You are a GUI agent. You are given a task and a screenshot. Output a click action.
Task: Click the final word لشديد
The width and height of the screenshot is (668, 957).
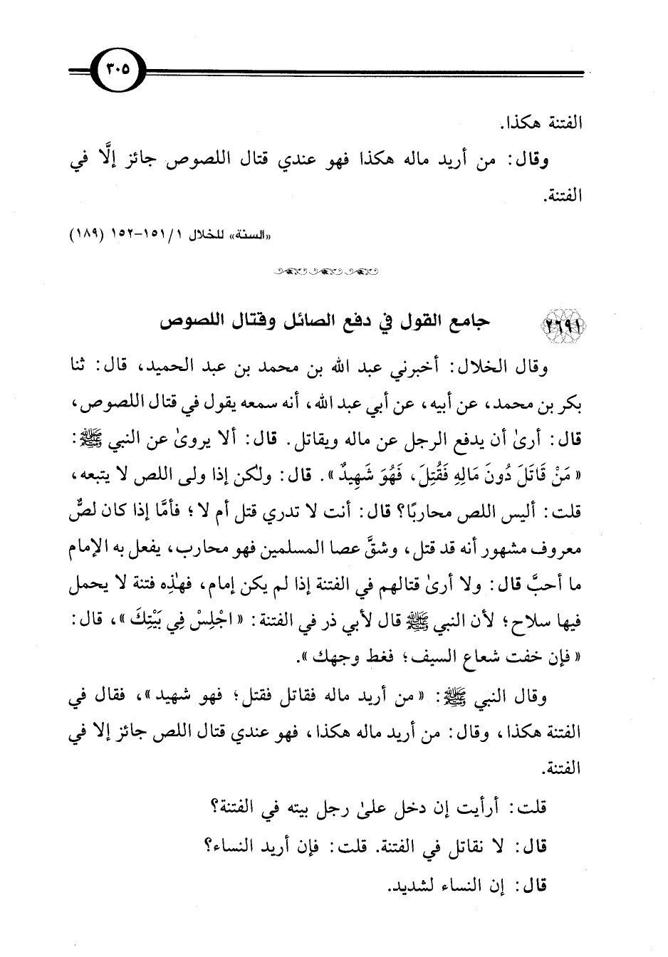coord(415,883)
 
